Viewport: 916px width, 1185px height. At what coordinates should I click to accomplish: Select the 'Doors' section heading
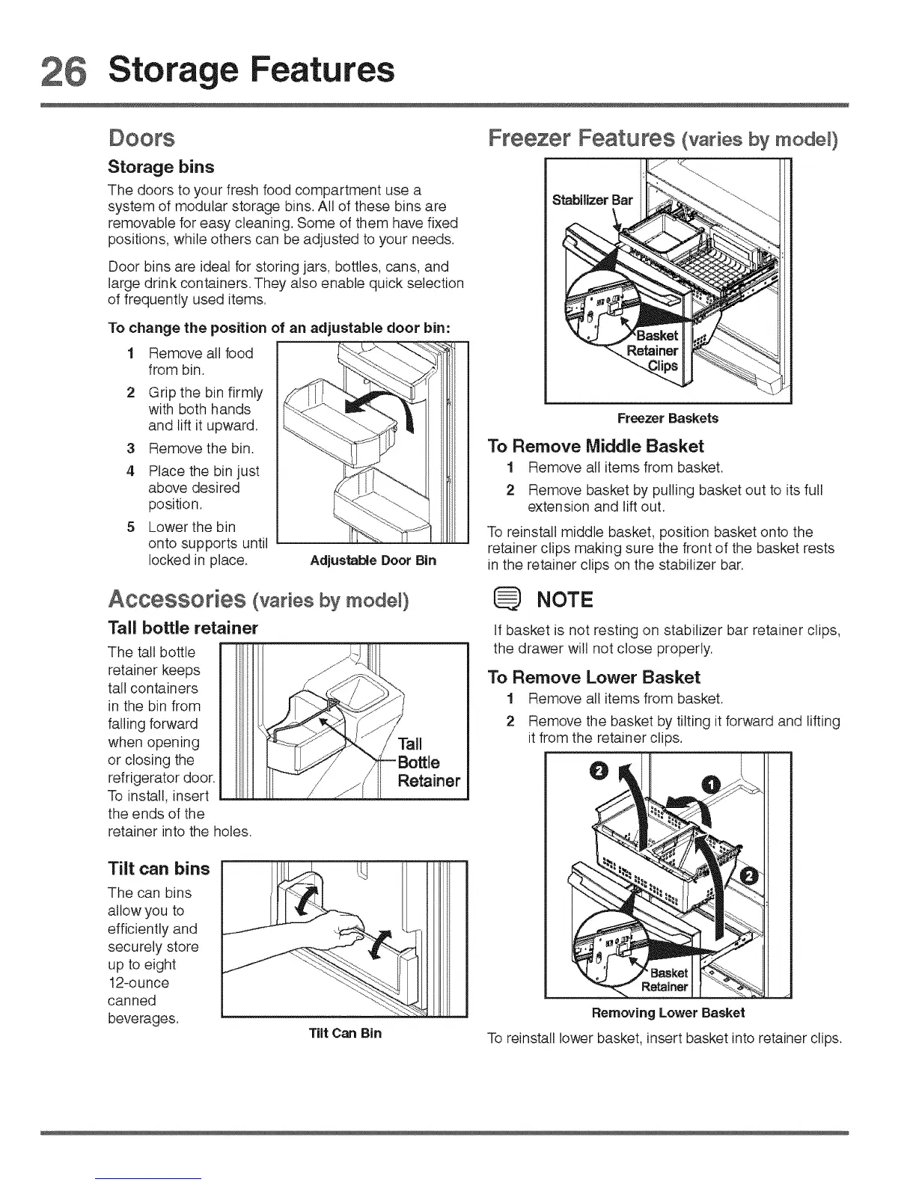point(141,138)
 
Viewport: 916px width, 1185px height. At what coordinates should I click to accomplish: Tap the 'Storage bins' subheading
point(161,166)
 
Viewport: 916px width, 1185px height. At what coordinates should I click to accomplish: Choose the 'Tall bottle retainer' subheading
point(183,627)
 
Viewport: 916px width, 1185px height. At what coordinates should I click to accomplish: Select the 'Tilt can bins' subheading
point(159,868)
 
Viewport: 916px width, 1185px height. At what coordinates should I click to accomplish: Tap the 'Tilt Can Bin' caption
point(346,1033)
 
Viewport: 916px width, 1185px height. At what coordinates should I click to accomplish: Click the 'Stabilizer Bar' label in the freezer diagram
point(592,200)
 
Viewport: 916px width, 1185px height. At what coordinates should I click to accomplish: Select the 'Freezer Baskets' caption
point(668,418)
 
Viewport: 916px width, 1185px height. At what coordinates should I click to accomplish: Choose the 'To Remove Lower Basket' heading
point(593,678)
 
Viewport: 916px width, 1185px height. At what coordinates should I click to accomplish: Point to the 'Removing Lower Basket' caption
point(668,1013)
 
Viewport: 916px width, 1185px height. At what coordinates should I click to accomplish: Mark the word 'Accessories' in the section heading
point(177,600)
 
